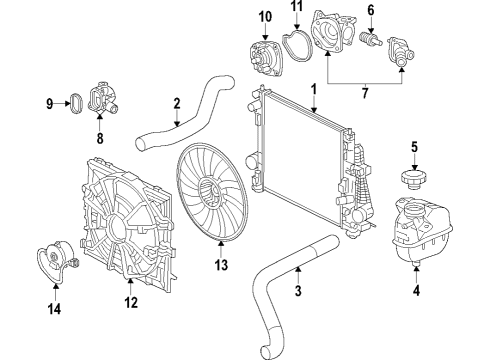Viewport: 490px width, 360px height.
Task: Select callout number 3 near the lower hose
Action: [298, 292]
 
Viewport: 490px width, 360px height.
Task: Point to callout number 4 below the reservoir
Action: [415, 293]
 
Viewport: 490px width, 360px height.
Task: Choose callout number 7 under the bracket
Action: [364, 93]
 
